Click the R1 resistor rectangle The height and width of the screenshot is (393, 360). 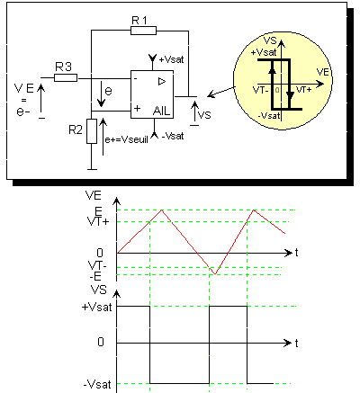[143, 31]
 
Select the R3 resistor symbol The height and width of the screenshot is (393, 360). [66, 78]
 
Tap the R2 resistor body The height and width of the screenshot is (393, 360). [92, 131]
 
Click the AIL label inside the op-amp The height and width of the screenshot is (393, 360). [161, 112]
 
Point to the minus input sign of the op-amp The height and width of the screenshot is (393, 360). [136, 79]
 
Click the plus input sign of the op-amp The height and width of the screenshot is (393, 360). [137, 108]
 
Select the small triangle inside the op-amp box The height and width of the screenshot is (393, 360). [162, 81]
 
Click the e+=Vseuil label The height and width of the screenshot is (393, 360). [126, 139]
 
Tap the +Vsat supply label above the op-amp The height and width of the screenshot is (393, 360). [171, 59]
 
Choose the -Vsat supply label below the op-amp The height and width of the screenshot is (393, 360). [173, 136]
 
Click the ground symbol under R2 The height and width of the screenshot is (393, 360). [92, 170]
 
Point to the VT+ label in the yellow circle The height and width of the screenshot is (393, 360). [303, 90]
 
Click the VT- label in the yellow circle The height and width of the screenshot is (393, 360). [260, 90]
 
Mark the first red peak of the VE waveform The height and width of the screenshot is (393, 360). [162, 210]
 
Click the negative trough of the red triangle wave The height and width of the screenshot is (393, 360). [215, 274]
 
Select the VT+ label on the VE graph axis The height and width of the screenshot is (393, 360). [98, 222]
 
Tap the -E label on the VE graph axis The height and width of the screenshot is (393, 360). [95, 276]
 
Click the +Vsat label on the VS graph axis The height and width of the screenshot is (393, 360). [96, 308]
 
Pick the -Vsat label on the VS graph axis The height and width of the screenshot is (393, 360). [97, 384]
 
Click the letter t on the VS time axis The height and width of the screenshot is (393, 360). [296, 343]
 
